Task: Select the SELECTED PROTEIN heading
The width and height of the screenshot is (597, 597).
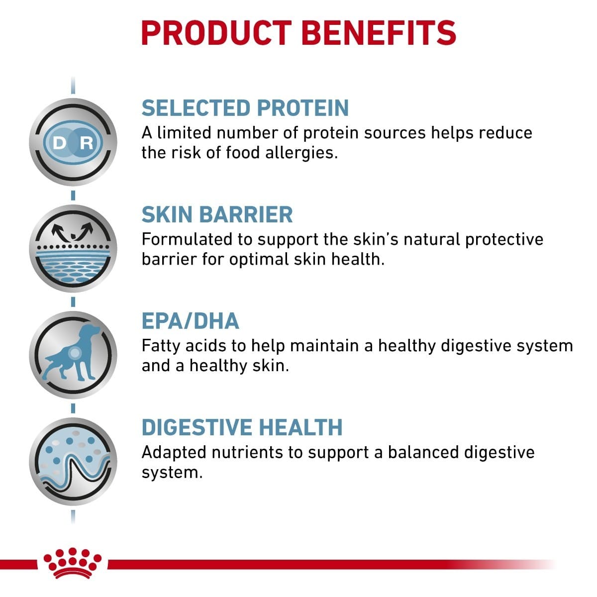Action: (x=245, y=108)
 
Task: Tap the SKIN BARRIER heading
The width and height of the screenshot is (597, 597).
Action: (x=217, y=214)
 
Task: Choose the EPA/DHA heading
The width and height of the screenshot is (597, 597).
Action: (x=190, y=321)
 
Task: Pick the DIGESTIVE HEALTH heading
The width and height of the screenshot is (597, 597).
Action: (x=242, y=427)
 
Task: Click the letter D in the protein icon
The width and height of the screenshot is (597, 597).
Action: (x=59, y=144)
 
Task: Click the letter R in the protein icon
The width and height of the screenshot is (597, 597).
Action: (x=87, y=144)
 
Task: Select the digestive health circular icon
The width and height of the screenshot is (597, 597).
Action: (x=73, y=462)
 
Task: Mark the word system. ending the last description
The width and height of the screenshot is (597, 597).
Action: (x=172, y=472)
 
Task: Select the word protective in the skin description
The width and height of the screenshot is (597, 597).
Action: (x=504, y=239)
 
